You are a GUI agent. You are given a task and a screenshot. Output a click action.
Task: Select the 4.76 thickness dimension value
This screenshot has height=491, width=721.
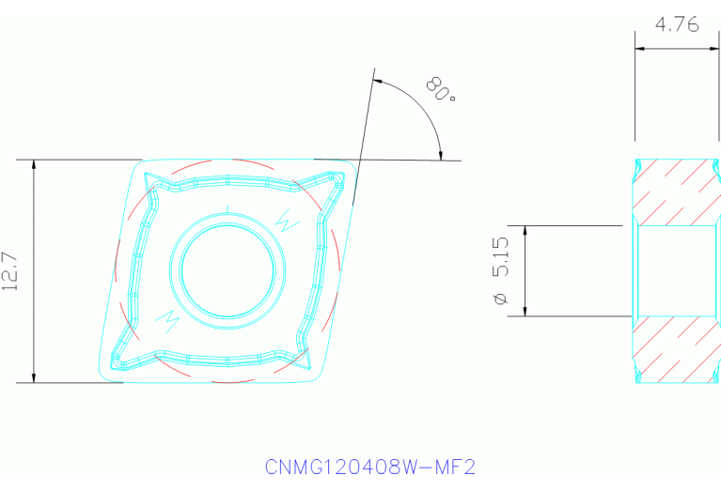[677, 25]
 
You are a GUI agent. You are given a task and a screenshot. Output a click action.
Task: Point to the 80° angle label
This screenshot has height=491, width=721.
[440, 92]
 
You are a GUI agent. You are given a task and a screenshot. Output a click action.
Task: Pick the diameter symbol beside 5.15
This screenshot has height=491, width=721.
[500, 299]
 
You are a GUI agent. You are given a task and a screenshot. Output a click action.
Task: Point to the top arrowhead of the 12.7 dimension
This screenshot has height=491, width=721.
[34, 165]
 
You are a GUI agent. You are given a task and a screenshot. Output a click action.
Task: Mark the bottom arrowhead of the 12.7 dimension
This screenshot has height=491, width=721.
[34, 377]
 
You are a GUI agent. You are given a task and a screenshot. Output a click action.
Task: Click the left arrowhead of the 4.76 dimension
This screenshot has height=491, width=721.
[639, 49]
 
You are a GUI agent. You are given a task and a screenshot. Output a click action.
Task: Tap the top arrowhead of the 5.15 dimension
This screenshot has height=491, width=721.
[525, 231]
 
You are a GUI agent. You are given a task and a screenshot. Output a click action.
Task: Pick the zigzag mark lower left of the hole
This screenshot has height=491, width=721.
[171, 319]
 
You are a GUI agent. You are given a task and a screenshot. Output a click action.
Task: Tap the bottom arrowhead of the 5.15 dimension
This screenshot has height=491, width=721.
[525, 311]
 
